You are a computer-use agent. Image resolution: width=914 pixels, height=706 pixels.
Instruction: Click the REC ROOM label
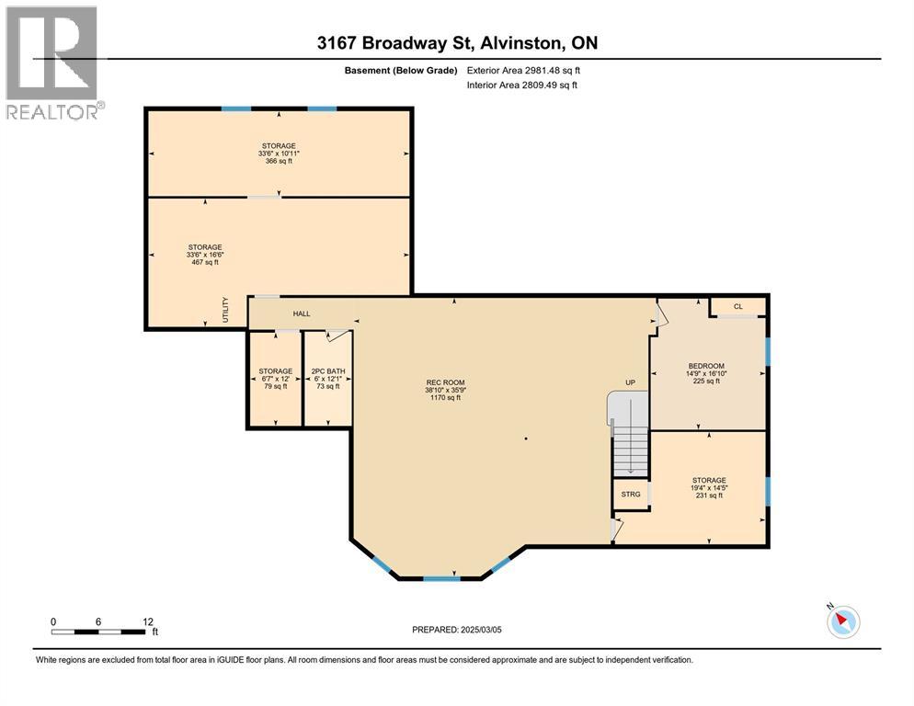click(x=445, y=382)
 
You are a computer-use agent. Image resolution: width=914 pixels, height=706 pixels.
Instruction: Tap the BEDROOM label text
click(x=706, y=366)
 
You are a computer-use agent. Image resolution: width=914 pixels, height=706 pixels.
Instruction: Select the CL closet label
click(x=738, y=307)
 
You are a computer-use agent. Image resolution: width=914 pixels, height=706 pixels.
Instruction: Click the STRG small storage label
click(x=631, y=495)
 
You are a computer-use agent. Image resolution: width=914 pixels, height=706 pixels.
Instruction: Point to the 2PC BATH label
click(x=328, y=371)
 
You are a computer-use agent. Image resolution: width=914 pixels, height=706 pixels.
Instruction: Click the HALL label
click(x=302, y=313)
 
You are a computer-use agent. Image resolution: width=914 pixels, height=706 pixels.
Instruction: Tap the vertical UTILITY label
click(x=225, y=310)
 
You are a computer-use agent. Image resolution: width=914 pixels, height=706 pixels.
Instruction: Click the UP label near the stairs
click(x=630, y=382)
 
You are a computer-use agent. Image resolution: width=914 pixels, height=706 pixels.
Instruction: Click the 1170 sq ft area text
click(x=445, y=398)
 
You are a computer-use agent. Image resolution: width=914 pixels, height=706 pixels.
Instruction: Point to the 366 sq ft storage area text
click(x=279, y=161)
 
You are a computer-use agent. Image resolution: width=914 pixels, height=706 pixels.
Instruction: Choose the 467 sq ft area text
click(x=205, y=262)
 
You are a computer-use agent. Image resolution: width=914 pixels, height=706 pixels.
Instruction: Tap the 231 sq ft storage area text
click(x=709, y=495)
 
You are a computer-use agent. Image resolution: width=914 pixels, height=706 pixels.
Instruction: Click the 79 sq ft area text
click(x=276, y=386)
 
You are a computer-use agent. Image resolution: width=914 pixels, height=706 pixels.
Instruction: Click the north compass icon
click(x=843, y=621)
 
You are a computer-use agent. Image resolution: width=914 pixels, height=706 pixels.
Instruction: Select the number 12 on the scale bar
click(x=148, y=622)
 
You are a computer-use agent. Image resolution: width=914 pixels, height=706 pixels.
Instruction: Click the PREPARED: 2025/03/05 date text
click(x=457, y=630)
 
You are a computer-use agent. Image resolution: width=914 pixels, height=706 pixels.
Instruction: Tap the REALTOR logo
click(x=53, y=63)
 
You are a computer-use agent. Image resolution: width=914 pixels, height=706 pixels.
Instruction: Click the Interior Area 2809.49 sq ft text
click(x=521, y=85)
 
